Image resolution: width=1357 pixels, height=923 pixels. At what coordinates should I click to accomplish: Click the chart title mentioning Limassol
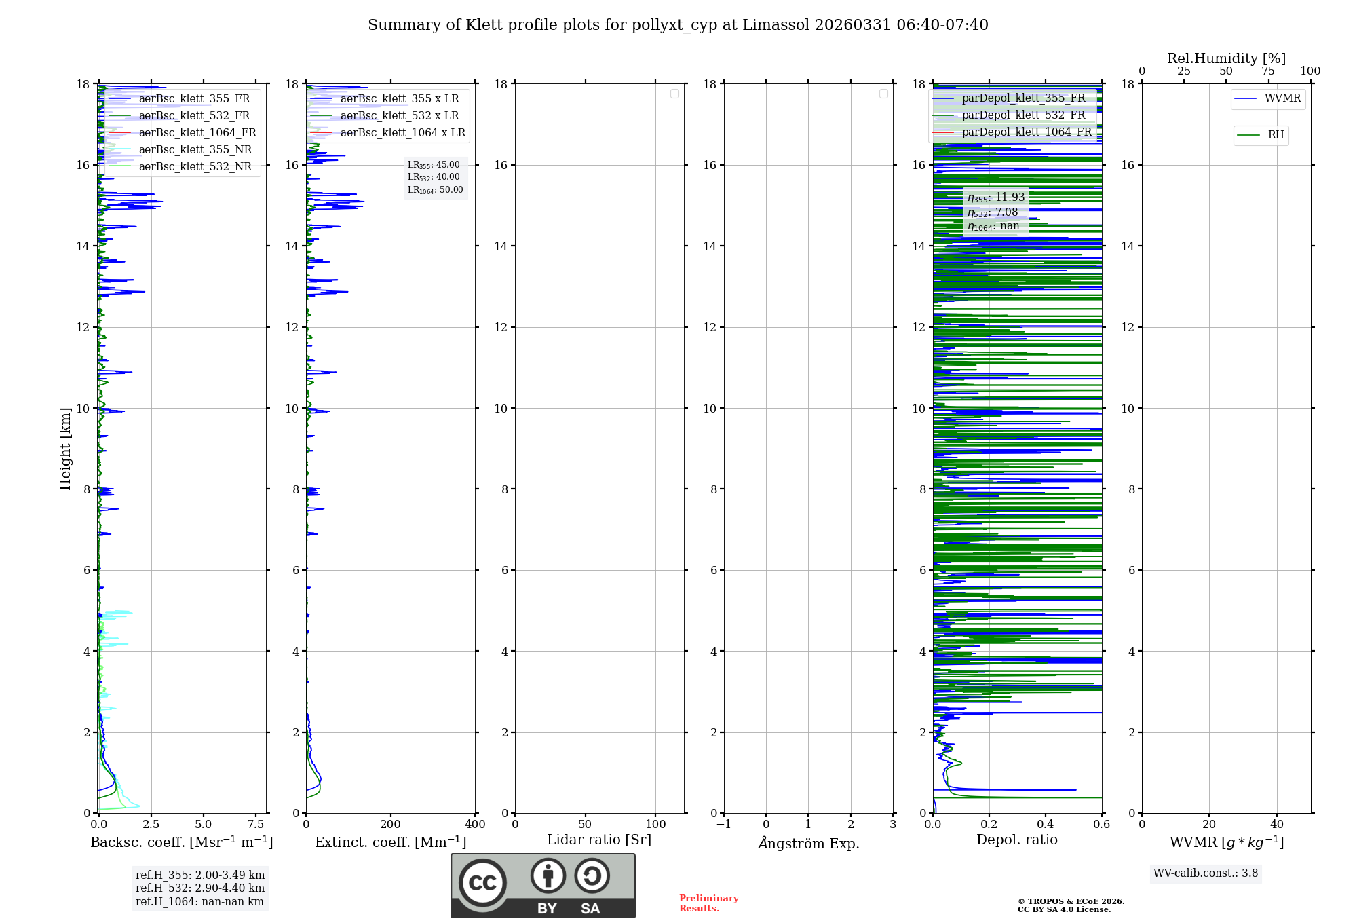[x=678, y=25]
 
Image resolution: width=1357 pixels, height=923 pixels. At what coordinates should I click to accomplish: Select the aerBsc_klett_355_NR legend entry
[x=195, y=149]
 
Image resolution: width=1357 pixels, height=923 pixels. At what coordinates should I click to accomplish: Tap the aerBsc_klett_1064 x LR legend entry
[x=402, y=132]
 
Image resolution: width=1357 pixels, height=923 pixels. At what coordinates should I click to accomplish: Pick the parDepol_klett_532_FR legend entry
[x=1023, y=115]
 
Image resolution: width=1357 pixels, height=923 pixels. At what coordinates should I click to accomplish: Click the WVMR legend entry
[x=1282, y=98]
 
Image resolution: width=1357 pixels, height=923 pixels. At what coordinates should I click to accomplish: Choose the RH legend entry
[x=1276, y=135]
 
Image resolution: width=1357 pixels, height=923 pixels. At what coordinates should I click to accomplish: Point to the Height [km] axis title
[x=65, y=448]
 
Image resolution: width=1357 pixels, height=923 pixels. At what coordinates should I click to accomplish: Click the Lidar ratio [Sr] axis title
[x=599, y=840]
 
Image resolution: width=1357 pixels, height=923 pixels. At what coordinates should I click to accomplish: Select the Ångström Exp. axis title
[x=808, y=844]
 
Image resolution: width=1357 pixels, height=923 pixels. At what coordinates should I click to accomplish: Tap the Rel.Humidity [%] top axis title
[x=1226, y=58]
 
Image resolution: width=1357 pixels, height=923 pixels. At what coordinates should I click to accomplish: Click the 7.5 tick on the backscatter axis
[x=256, y=825]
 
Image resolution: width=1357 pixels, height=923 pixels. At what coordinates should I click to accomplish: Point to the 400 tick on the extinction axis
[x=475, y=825]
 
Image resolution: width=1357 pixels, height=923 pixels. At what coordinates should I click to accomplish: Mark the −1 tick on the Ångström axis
[x=723, y=825]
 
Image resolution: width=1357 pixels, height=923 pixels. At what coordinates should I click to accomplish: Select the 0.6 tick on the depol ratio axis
[x=1101, y=825]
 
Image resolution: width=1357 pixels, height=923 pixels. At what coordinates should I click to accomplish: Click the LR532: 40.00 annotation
[x=434, y=177]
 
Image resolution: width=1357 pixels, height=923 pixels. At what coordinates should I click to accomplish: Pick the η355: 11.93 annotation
[x=996, y=197]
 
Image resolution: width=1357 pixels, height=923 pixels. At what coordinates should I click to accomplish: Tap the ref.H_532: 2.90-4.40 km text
[x=200, y=888]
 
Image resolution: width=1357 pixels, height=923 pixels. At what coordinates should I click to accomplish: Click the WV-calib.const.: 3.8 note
[x=1206, y=873]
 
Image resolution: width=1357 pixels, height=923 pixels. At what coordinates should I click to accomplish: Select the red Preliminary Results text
[x=708, y=903]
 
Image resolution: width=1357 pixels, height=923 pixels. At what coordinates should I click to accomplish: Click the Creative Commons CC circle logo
[x=482, y=883]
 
